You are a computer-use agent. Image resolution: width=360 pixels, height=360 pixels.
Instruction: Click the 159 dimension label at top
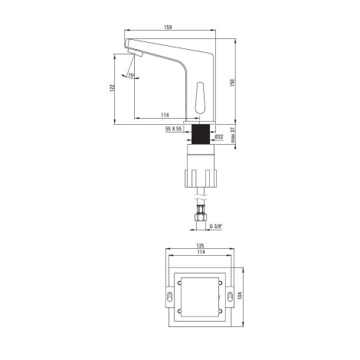point(168,27)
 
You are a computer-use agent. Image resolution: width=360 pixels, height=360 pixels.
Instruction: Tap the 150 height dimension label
point(232,83)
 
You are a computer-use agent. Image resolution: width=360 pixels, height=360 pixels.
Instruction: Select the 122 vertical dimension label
point(112,88)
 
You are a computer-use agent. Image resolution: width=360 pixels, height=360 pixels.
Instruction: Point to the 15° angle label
point(131,75)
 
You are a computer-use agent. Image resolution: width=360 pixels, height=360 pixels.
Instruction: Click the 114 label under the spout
point(165,115)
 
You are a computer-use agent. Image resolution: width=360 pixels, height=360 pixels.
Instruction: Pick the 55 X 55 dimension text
point(174,129)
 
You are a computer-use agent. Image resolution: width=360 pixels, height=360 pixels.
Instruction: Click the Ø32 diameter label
point(219,137)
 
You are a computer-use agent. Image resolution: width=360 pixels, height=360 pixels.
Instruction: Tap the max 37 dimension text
point(232,135)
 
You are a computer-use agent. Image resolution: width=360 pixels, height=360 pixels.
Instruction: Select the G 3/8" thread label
point(216,226)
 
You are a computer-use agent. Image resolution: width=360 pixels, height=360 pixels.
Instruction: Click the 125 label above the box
point(200,246)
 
